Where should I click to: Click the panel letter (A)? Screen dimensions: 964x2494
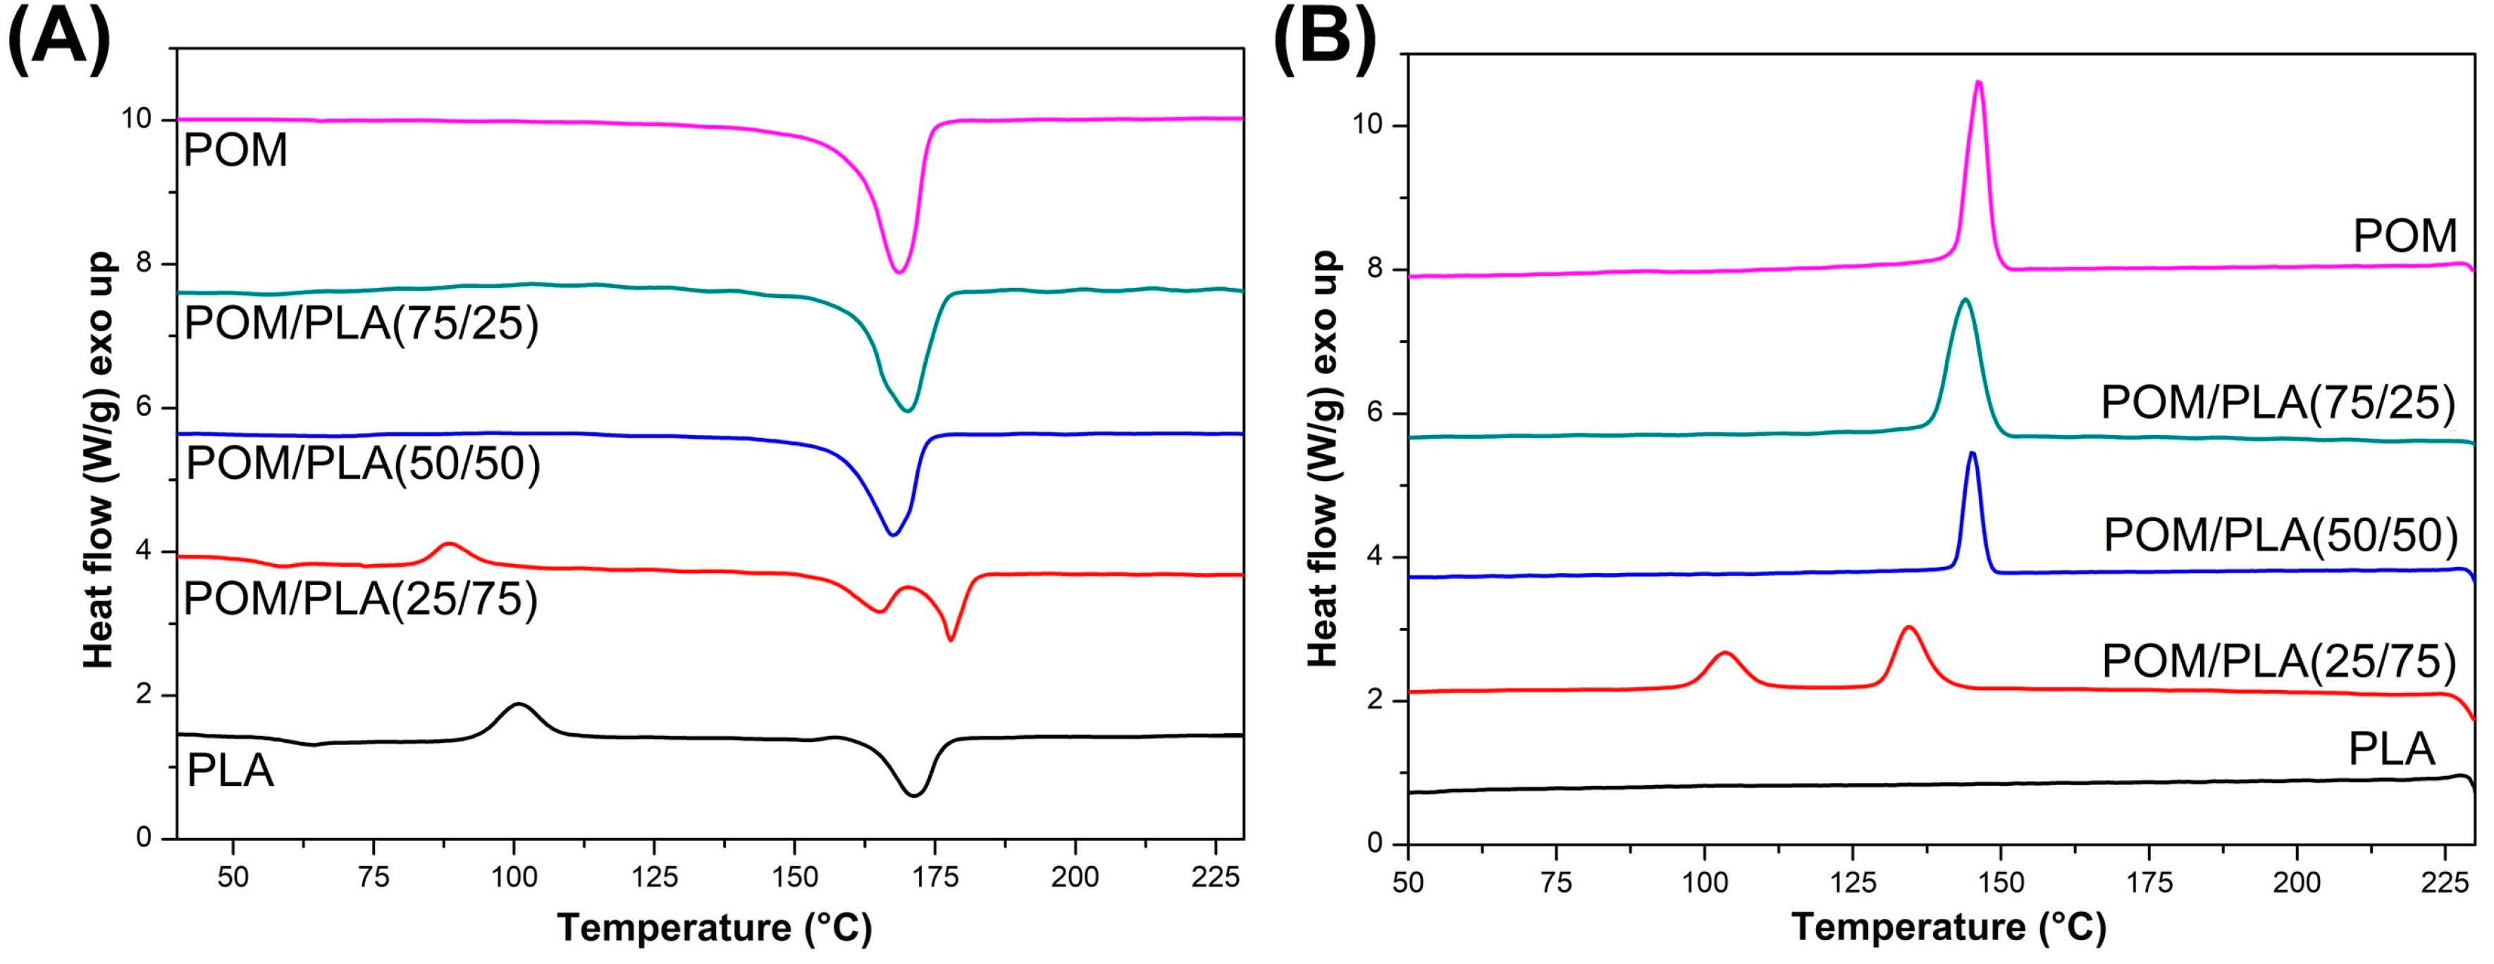pos(58,39)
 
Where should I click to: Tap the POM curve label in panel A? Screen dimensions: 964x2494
pos(235,151)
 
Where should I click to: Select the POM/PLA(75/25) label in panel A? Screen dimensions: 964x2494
pos(361,323)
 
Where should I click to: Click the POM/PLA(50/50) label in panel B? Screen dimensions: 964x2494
pos(2280,534)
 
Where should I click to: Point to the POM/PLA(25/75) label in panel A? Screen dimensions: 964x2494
pos(360,599)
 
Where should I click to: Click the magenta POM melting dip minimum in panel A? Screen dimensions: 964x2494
pos(899,272)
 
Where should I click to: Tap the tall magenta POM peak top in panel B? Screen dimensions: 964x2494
pos(1979,82)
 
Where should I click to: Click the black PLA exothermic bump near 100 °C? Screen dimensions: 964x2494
pos(519,705)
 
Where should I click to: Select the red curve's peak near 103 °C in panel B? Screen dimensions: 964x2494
pos(1724,653)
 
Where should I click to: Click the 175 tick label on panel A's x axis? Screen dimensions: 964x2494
pos(934,877)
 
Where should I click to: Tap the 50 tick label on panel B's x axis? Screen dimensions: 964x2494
pos(1408,883)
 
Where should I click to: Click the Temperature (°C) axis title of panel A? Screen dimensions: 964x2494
pos(715,927)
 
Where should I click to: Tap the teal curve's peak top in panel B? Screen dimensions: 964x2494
pos(1965,300)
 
